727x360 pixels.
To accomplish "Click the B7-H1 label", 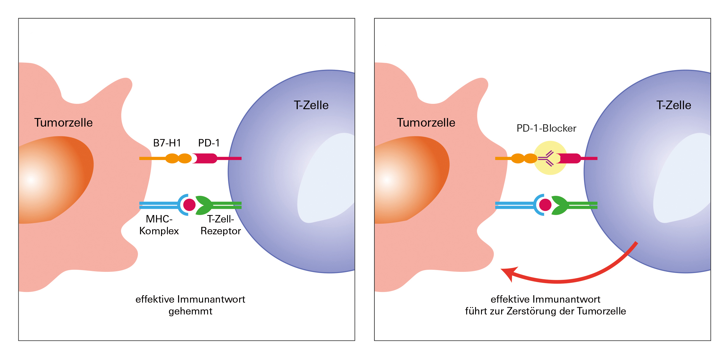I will (x=167, y=143).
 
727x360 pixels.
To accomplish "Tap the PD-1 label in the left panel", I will (x=209, y=143).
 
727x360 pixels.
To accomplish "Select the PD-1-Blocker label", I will (x=546, y=128).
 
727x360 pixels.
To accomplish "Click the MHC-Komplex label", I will (x=159, y=225).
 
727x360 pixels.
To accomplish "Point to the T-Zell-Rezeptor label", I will (x=221, y=225).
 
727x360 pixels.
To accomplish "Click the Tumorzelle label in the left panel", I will (x=63, y=123).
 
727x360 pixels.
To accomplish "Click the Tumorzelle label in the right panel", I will (x=426, y=123).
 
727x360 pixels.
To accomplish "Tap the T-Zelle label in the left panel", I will (x=311, y=105).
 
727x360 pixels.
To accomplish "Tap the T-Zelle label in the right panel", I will (x=674, y=105).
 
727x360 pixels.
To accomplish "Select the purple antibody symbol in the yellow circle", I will (x=546, y=159).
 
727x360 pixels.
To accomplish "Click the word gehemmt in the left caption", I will (x=190, y=311).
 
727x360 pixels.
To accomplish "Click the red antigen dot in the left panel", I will (x=189, y=205).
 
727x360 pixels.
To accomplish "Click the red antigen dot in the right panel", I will (x=545, y=205).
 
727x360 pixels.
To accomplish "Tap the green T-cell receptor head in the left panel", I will (x=204, y=205).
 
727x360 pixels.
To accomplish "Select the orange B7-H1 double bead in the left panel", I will (x=178, y=159).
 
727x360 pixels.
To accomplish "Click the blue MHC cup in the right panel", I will (x=537, y=205).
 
